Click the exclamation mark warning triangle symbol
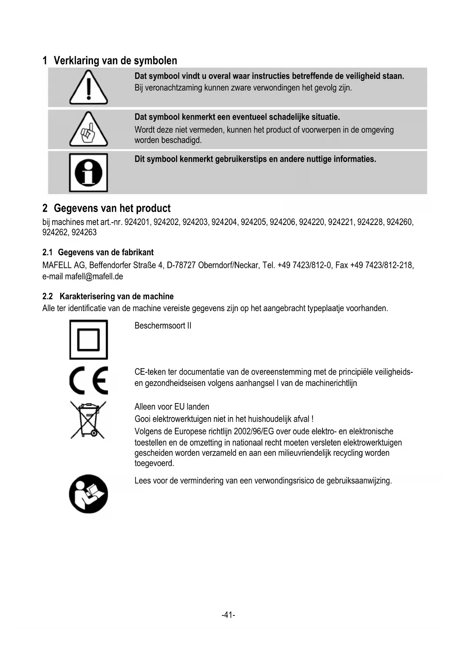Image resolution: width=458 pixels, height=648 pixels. pyautogui.click(x=89, y=88)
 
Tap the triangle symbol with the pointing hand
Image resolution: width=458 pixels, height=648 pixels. pyautogui.click(x=89, y=129)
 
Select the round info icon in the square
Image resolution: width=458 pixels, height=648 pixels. pyautogui.click(x=89, y=173)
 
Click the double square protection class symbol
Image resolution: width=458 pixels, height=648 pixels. pyautogui.click(x=89, y=340)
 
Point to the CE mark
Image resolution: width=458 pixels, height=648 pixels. pyautogui.click(x=89, y=381)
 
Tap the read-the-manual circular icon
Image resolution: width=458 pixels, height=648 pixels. pyautogui.click(x=89, y=494)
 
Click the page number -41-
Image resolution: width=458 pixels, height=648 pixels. pyautogui.click(x=228, y=615)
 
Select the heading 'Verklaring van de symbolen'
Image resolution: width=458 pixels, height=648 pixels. pyautogui.click(x=115, y=61)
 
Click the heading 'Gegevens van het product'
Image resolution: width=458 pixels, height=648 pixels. pyautogui.click(x=112, y=208)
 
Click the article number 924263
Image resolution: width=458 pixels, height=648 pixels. pyautogui.click(x=84, y=232)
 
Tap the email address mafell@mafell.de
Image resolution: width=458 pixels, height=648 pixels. pyautogui.click(x=94, y=276)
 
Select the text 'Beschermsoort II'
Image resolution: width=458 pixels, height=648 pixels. pyautogui.click(x=163, y=326)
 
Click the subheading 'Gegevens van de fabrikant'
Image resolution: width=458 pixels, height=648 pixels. pyautogui.click(x=106, y=252)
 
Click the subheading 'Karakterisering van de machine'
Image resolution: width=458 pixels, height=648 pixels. pyautogui.click(x=116, y=296)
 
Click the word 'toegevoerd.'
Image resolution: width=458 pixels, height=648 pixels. pyautogui.click(x=154, y=463)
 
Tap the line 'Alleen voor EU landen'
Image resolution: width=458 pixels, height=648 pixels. pyautogui.click(x=172, y=407)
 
